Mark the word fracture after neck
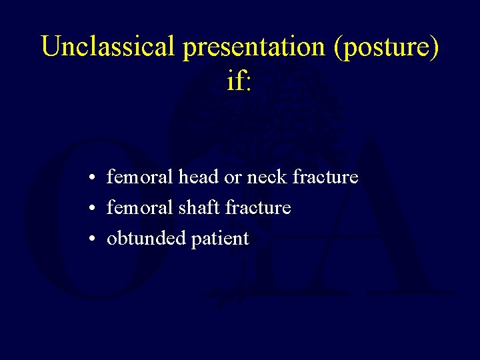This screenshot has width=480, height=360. [325, 177]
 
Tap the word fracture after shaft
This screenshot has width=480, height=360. [258, 208]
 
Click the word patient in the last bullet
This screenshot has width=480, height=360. [220, 239]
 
